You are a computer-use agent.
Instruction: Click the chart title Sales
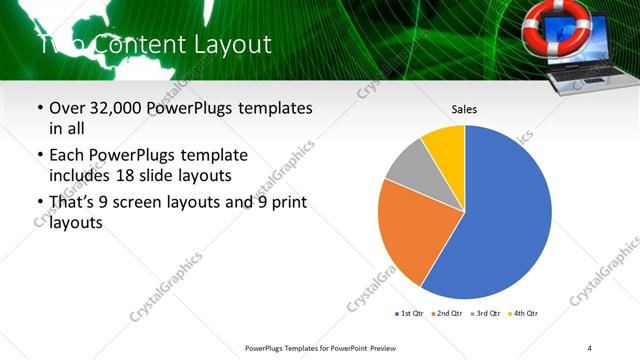464,108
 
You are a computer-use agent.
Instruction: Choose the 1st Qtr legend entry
411,314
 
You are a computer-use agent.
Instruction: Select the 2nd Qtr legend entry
447,314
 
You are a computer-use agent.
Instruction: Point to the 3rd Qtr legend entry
485,314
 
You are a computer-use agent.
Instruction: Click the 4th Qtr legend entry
523,314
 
